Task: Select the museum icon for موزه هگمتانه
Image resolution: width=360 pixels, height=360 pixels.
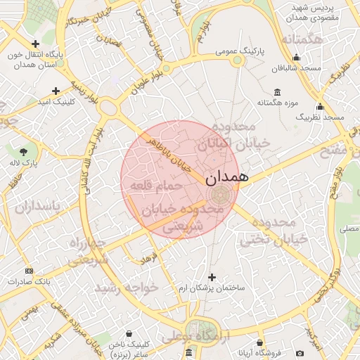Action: click(x=278, y=92)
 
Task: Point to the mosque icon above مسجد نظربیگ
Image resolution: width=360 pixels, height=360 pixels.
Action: click(x=320, y=107)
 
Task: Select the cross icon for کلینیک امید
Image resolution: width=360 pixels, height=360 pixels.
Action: click(x=56, y=91)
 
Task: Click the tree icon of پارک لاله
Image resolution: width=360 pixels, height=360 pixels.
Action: click(x=24, y=152)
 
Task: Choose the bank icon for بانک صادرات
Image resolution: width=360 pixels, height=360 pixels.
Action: click(x=29, y=271)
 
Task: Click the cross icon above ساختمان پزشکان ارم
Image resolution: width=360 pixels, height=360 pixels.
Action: click(x=213, y=277)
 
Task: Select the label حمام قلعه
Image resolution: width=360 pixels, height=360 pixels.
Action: click(x=155, y=186)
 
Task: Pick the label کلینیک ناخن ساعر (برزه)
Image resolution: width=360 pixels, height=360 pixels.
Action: click(x=127, y=349)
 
